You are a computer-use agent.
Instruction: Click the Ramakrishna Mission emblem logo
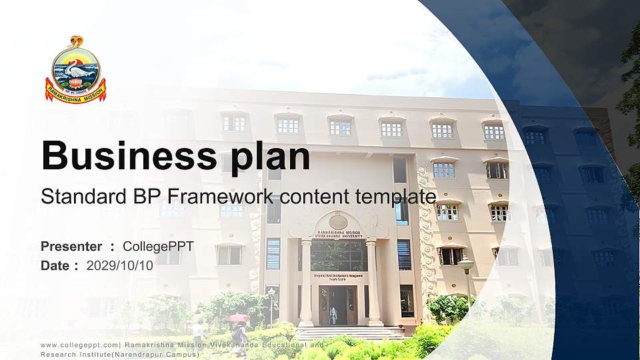[75, 70]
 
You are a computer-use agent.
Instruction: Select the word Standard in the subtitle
[73, 197]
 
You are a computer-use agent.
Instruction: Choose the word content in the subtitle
[309, 197]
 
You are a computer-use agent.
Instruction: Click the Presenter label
[71, 247]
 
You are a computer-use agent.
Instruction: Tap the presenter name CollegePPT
[158, 247]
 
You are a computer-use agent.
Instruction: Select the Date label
[55, 265]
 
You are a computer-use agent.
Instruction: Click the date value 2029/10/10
[120, 265]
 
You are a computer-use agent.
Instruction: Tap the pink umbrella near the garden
[237, 317]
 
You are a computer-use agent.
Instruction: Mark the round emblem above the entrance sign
[338, 221]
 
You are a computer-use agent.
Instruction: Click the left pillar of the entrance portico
[306, 283]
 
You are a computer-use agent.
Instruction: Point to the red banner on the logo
[75, 92]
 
